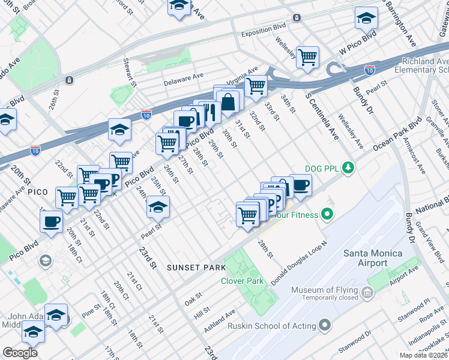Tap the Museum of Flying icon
367,292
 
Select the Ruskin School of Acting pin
325,326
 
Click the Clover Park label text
242,281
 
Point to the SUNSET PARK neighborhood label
196,267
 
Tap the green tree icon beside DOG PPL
347,167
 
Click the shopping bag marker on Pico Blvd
228,102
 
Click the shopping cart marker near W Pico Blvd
307,58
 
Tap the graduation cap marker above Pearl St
158,207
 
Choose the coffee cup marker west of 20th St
51,222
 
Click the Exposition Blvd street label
264,34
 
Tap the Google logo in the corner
20,353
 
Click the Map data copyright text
423,355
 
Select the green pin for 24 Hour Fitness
327,213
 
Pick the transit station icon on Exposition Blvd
296,18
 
